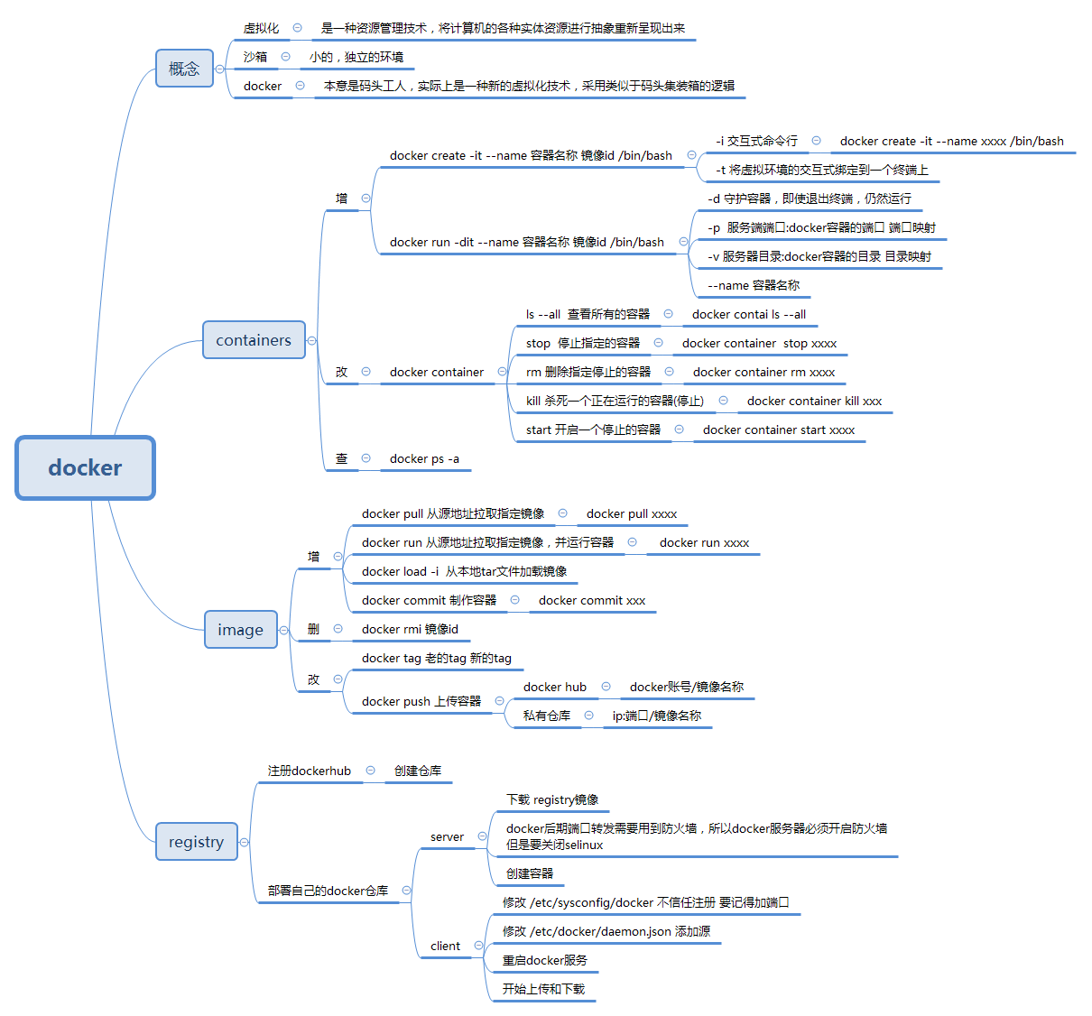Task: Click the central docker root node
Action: coord(85,468)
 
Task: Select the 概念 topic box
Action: coord(184,69)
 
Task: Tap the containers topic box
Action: coord(254,340)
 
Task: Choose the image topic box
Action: coord(240,630)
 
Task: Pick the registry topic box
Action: coord(197,842)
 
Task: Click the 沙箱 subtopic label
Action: coord(255,57)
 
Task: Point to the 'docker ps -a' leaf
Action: coord(424,459)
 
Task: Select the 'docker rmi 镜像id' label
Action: coord(410,630)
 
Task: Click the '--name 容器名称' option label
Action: coord(754,285)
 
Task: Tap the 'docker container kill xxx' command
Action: coord(814,402)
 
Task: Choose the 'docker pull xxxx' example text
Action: coord(631,514)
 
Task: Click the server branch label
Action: coord(447,836)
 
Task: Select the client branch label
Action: coord(446,946)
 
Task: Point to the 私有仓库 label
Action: coord(547,716)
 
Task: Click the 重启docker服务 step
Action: coord(544,960)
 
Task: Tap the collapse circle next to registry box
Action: coord(245,842)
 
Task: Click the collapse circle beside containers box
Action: coord(311,341)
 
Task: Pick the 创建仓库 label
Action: coord(417,771)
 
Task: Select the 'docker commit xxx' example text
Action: coord(592,601)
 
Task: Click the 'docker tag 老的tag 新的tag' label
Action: coord(437,659)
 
